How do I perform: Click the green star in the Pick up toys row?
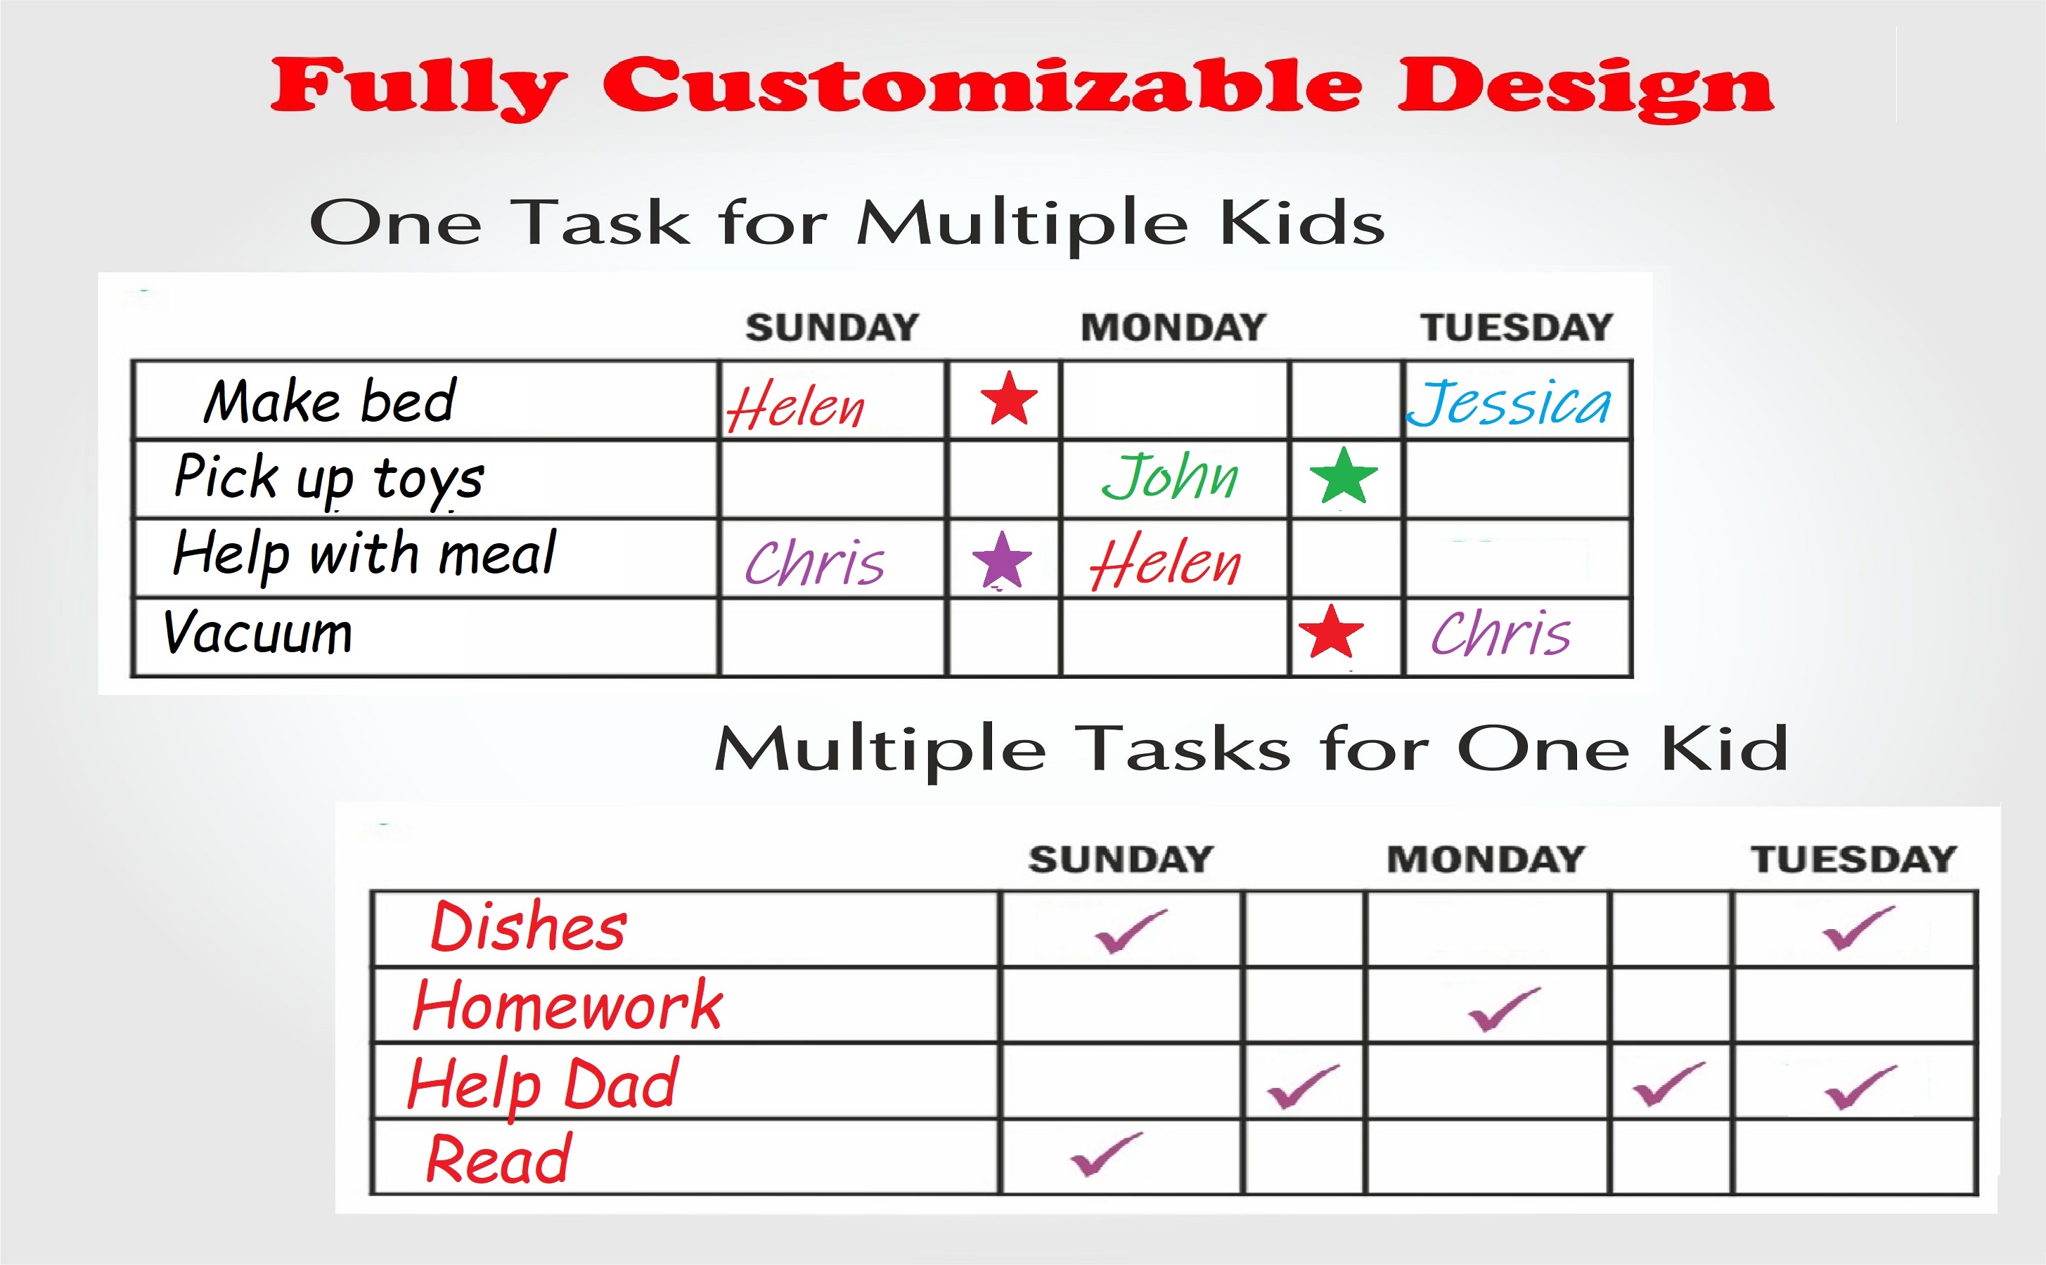(1343, 475)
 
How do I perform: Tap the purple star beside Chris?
(1002, 559)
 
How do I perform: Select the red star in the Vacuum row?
(1330, 632)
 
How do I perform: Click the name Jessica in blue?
(1508, 403)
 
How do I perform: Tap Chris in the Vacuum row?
(1500, 632)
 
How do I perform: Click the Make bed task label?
(330, 401)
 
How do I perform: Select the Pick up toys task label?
(329, 479)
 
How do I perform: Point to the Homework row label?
(567, 1005)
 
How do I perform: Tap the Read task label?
(498, 1160)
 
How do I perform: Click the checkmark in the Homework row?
(1504, 1009)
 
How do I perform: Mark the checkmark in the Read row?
(1106, 1154)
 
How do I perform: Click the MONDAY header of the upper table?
(1173, 327)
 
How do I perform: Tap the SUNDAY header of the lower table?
(1121, 859)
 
